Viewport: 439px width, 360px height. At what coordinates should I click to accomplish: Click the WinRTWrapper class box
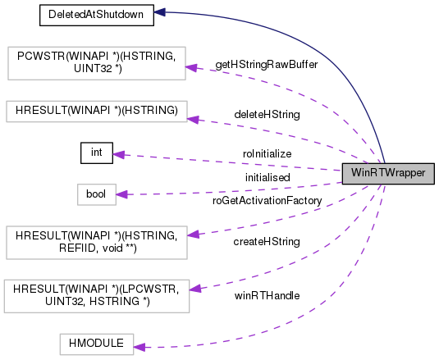point(387,172)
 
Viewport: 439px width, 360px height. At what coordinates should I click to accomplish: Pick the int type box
point(96,153)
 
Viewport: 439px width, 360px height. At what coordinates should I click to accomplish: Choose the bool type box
point(92,194)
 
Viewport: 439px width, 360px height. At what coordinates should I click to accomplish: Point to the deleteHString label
point(266,114)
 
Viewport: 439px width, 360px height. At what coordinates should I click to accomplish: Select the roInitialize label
point(267,153)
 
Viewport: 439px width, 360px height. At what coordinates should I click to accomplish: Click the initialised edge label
point(267,176)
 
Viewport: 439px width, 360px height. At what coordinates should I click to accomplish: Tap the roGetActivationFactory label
point(267,199)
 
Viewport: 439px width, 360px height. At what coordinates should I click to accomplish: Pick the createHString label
point(267,242)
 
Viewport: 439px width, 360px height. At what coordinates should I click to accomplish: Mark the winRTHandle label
point(267,294)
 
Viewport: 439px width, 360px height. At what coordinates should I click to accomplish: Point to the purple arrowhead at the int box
point(118,154)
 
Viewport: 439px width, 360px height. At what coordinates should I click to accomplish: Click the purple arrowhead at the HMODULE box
point(139,347)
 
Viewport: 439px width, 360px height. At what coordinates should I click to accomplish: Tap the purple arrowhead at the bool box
point(121,194)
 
